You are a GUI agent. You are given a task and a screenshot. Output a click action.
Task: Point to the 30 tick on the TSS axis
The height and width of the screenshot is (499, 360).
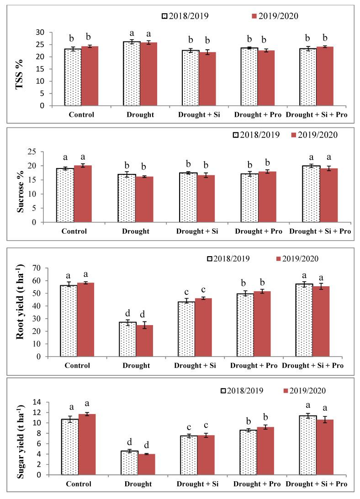pos(42,32)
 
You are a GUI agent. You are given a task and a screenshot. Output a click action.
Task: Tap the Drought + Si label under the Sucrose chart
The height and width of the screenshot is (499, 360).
pos(197,231)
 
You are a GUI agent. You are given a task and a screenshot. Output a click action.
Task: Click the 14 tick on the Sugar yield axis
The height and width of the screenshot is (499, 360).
pos(42,402)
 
